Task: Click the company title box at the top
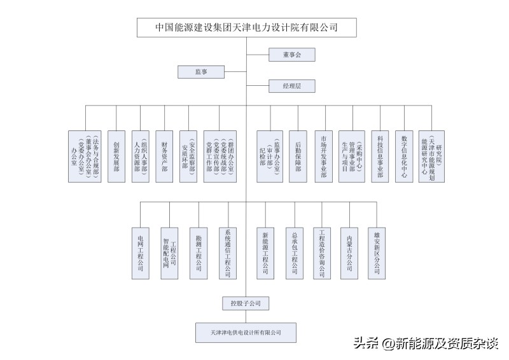click(247, 27)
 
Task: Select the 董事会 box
click(291, 55)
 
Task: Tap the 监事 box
click(201, 72)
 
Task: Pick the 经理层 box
click(291, 85)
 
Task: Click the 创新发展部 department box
click(116, 156)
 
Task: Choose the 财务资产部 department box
click(164, 156)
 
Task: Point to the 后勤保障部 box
click(298, 156)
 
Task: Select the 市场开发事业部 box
click(324, 156)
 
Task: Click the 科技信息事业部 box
click(380, 156)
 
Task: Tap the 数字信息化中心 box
click(404, 156)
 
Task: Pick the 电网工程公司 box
click(141, 253)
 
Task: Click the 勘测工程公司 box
click(199, 253)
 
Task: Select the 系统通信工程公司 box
click(228, 253)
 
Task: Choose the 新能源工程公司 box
click(265, 253)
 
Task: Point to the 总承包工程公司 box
click(294, 253)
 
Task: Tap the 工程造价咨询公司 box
click(322, 253)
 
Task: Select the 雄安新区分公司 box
click(377, 253)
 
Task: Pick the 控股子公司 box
click(241, 303)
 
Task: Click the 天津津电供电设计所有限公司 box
click(246, 333)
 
